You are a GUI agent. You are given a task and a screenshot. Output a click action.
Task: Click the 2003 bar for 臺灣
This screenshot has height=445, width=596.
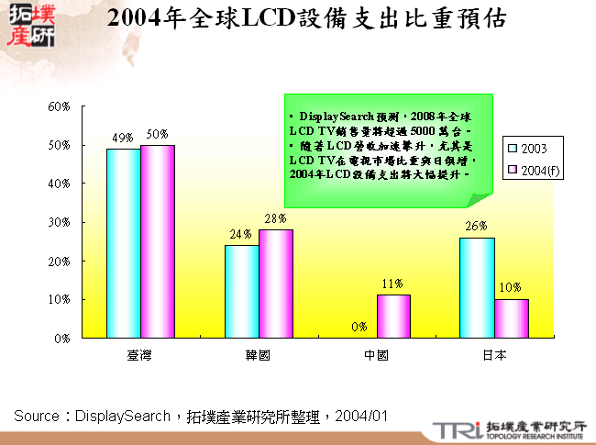pos(123,243)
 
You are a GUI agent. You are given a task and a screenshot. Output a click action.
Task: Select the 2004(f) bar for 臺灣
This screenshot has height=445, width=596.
pos(157,241)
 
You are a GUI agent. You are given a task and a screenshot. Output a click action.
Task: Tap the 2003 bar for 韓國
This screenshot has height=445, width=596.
pos(241,292)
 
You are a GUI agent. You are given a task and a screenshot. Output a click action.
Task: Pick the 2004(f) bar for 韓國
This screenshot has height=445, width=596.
pos(275,284)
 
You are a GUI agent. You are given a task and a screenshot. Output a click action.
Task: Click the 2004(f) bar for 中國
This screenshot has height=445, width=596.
pos(393,317)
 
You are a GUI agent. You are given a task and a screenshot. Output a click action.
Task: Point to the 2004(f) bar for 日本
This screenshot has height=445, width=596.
pos(512,318)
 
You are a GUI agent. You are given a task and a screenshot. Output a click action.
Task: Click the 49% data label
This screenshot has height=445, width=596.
pos(123,139)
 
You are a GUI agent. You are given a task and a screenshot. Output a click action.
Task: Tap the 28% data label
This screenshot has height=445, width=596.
pos(276,219)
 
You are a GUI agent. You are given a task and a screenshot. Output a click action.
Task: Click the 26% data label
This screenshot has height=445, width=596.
pos(476,227)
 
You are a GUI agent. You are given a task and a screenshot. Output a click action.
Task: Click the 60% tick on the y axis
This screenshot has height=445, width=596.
pos(60,106)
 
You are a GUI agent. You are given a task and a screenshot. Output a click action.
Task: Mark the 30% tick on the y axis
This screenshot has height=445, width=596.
pos(60,222)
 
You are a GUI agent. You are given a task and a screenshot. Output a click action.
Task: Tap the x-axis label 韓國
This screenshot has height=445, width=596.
pos(259,354)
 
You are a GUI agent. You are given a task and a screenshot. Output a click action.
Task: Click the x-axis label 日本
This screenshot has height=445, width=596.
pos(494,354)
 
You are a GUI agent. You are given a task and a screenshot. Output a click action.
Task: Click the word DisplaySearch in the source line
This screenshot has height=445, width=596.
pos(122,416)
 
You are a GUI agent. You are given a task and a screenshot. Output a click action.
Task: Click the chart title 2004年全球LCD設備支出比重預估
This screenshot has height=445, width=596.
pos(305,19)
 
